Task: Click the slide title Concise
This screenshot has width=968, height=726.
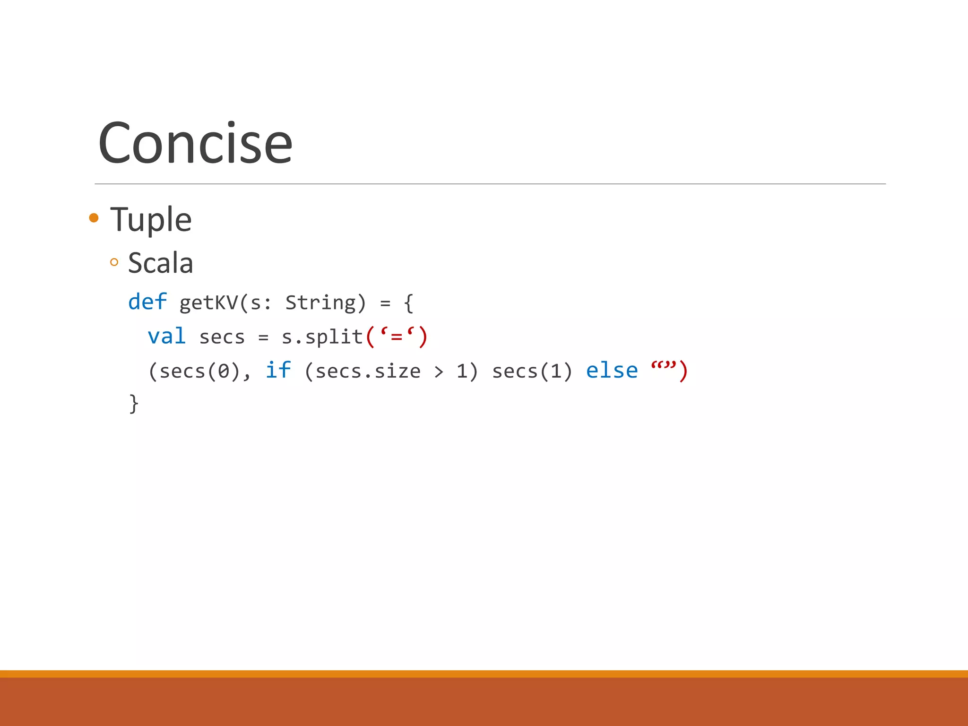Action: tap(195, 143)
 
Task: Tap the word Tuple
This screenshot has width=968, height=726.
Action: tap(151, 220)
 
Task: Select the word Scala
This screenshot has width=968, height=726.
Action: tap(160, 263)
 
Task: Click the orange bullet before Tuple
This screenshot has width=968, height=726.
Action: tap(94, 218)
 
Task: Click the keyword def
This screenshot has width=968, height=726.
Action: tap(147, 302)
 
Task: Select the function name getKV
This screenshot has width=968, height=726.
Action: tap(208, 303)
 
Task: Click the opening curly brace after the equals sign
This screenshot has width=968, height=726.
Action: tap(409, 303)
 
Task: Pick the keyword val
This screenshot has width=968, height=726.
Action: tap(166, 337)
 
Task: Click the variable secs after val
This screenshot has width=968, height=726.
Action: tap(222, 337)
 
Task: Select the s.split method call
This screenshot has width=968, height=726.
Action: tap(322, 337)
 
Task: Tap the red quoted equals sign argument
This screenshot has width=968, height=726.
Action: tap(397, 337)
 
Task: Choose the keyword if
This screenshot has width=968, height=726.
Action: tap(278, 370)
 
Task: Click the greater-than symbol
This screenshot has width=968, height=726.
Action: tap(439, 372)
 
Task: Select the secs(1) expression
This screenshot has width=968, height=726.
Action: tap(532, 372)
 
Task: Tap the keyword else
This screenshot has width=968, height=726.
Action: tap(612, 371)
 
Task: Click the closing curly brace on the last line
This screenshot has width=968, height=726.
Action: tap(134, 404)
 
